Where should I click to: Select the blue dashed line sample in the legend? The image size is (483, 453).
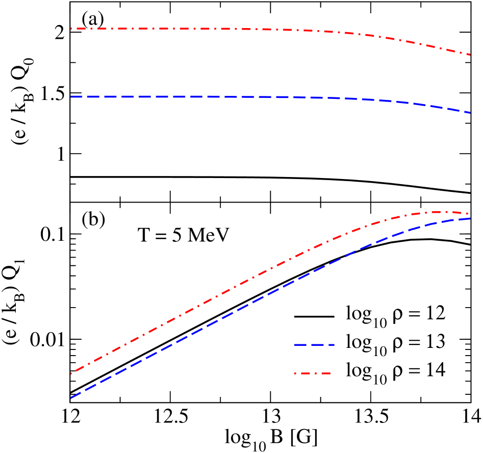pyautogui.click(x=312, y=345)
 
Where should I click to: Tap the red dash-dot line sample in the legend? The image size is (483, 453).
pyautogui.click(x=312, y=373)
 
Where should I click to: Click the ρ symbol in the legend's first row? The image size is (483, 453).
pyautogui.click(x=397, y=314)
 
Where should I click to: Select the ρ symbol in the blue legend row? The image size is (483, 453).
pyautogui.click(x=397, y=343)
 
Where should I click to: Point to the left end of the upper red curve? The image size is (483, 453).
pyautogui.click(x=71, y=29)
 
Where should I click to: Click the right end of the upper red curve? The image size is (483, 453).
pyautogui.click(x=470, y=55)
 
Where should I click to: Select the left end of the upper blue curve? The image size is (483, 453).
pyautogui.click(x=71, y=96)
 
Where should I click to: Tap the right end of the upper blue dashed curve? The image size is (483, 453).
pyautogui.click(x=470, y=112)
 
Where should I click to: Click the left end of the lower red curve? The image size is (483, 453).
pyautogui.click(x=71, y=374)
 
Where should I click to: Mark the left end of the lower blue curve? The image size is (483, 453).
pyautogui.click(x=71, y=398)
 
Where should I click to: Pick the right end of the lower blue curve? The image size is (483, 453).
pyautogui.click(x=470, y=218)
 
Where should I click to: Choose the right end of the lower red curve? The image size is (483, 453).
pyautogui.click(x=470, y=214)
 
